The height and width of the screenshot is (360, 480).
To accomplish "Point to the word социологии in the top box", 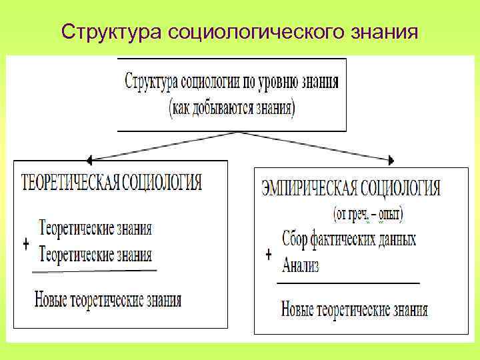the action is [213, 83].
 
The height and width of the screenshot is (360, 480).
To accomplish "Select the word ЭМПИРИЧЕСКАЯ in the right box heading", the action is [309, 188].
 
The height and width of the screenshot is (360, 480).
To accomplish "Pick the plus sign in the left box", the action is [26, 245].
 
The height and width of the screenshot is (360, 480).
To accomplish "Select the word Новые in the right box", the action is [298, 309].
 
